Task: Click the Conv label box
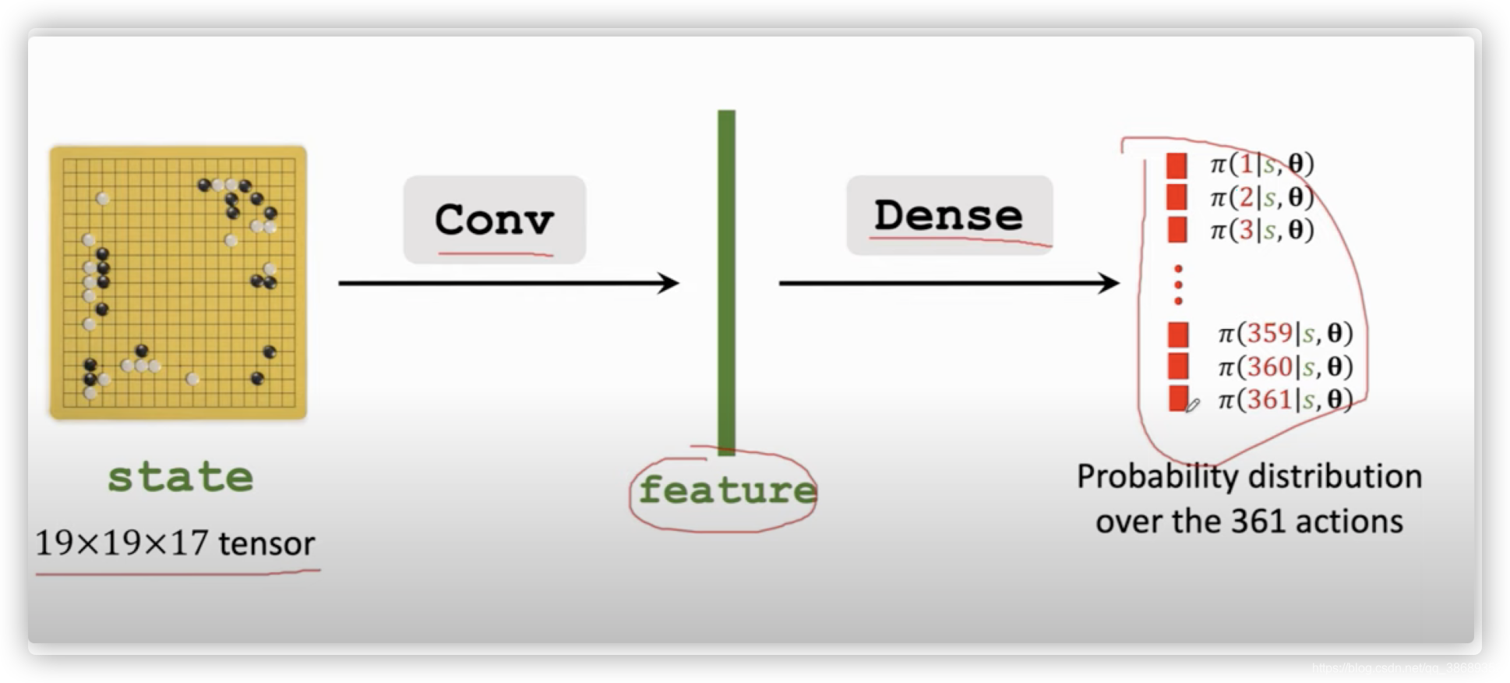494,219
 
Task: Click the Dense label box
949,214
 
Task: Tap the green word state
180,476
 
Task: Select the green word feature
726,490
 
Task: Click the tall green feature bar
726,281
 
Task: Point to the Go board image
178,282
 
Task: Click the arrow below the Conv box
508,283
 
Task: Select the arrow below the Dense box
948,283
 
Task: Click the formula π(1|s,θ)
1261,164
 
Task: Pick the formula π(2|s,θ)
1261,197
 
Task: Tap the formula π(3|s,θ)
1261,230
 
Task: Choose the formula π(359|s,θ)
1285,334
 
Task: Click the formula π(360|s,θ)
1285,366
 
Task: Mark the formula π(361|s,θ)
1285,399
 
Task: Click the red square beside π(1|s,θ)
1177,165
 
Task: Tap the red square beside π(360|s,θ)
1178,366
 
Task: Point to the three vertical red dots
1178,285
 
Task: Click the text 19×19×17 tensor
175,543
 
